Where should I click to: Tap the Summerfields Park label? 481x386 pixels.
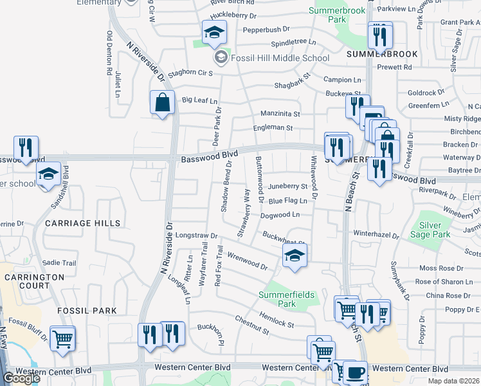(x=286, y=299)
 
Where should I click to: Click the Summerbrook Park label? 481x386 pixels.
(x=336, y=15)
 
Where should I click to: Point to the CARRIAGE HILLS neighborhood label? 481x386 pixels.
(x=83, y=223)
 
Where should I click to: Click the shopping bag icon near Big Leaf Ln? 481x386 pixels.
(x=163, y=102)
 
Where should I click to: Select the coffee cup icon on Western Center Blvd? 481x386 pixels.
(x=354, y=372)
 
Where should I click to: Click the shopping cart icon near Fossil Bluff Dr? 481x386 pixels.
(x=62, y=338)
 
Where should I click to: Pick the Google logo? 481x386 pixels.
(x=21, y=378)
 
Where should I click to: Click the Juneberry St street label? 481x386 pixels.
(x=287, y=186)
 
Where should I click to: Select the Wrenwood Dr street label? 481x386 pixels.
(x=247, y=262)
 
